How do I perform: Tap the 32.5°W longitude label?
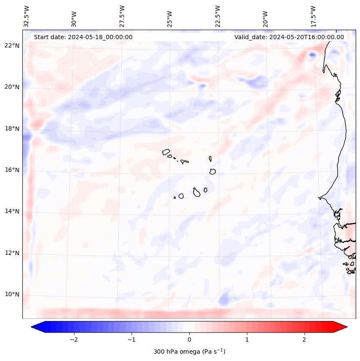coord(27,16)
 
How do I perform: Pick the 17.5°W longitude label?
coord(314,16)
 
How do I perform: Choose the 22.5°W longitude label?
coord(218,16)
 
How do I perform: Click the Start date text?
coord(83,37)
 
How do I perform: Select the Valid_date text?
coord(289,37)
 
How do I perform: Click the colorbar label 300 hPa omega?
coord(189,352)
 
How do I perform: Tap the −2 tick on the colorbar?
coord(74,339)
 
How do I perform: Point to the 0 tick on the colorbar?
coord(189,339)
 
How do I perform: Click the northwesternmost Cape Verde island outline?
coord(166,151)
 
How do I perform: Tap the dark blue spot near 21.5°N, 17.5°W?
coord(312,55)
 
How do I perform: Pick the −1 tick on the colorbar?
coord(132,339)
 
